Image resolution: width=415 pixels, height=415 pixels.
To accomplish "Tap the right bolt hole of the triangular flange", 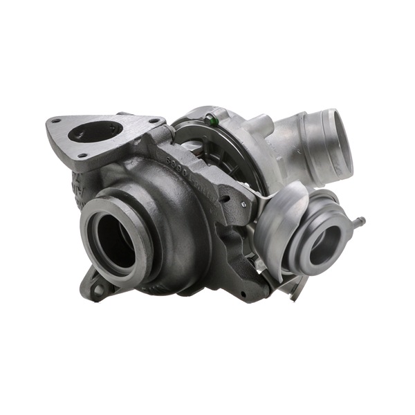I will click(x=151, y=120).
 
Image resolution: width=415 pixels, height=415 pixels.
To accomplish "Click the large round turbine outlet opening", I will click(x=115, y=235).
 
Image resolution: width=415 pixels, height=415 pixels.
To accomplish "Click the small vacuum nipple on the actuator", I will click(x=360, y=222).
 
